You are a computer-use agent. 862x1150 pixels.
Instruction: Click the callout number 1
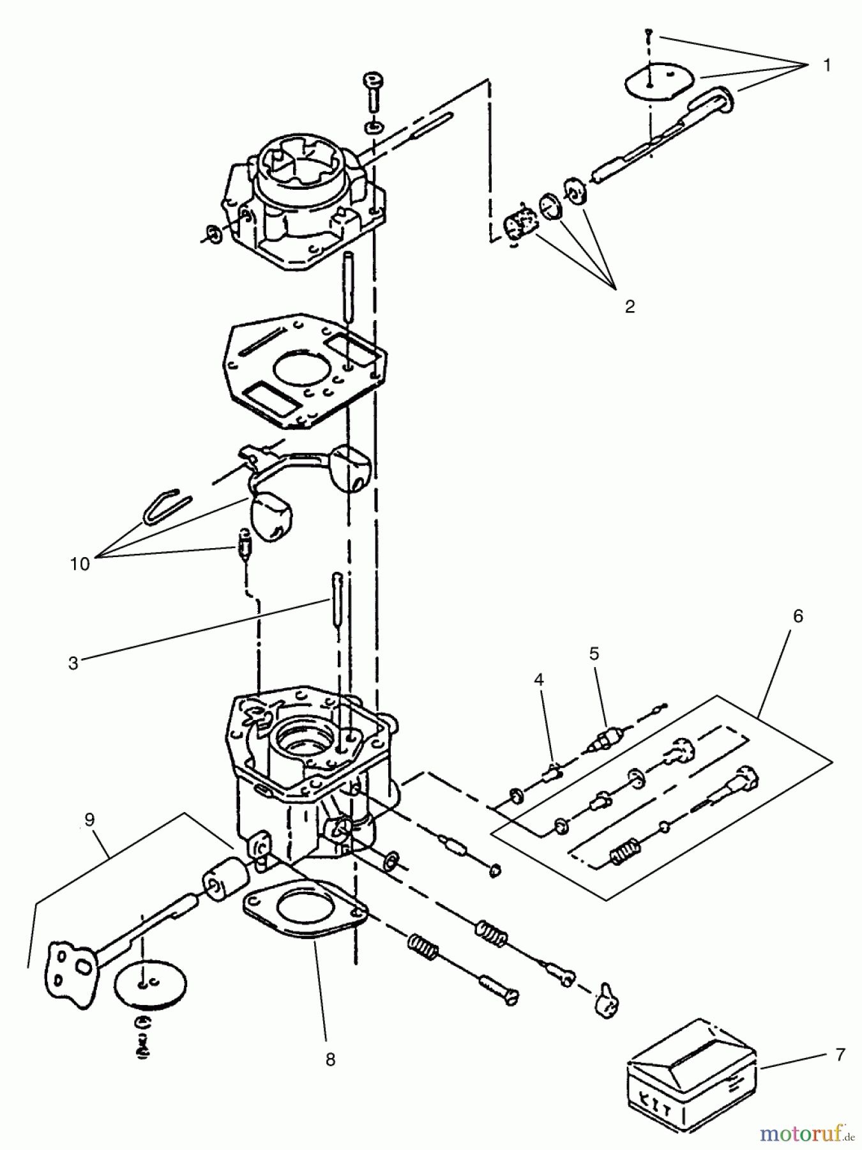click(826, 66)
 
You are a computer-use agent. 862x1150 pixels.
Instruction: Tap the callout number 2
click(630, 306)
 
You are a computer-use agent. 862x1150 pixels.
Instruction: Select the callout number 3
click(73, 663)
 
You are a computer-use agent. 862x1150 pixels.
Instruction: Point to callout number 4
click(539, 679)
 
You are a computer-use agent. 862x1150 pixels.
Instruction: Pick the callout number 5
click(594, 653)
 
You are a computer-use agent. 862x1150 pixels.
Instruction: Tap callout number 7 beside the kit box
click(840, 1054)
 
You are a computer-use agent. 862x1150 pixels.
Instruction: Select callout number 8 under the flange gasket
click(329, 1059)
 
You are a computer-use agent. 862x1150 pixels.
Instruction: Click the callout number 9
click(89, 820)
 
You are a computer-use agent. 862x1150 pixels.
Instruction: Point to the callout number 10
click(80, 564)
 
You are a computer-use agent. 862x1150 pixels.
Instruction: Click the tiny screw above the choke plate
click(649, 32)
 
